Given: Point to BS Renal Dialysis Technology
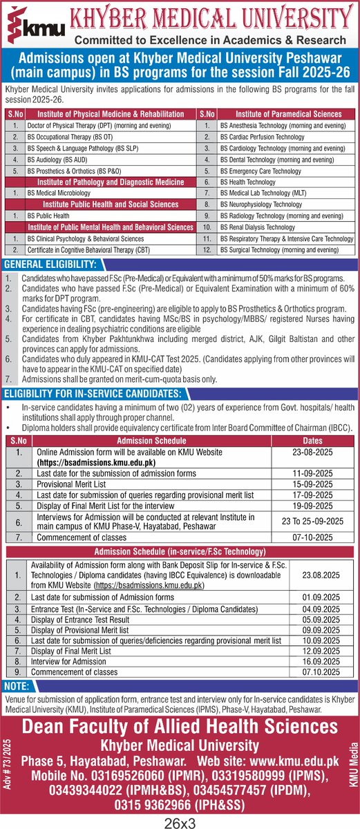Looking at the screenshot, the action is coord(257,227).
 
